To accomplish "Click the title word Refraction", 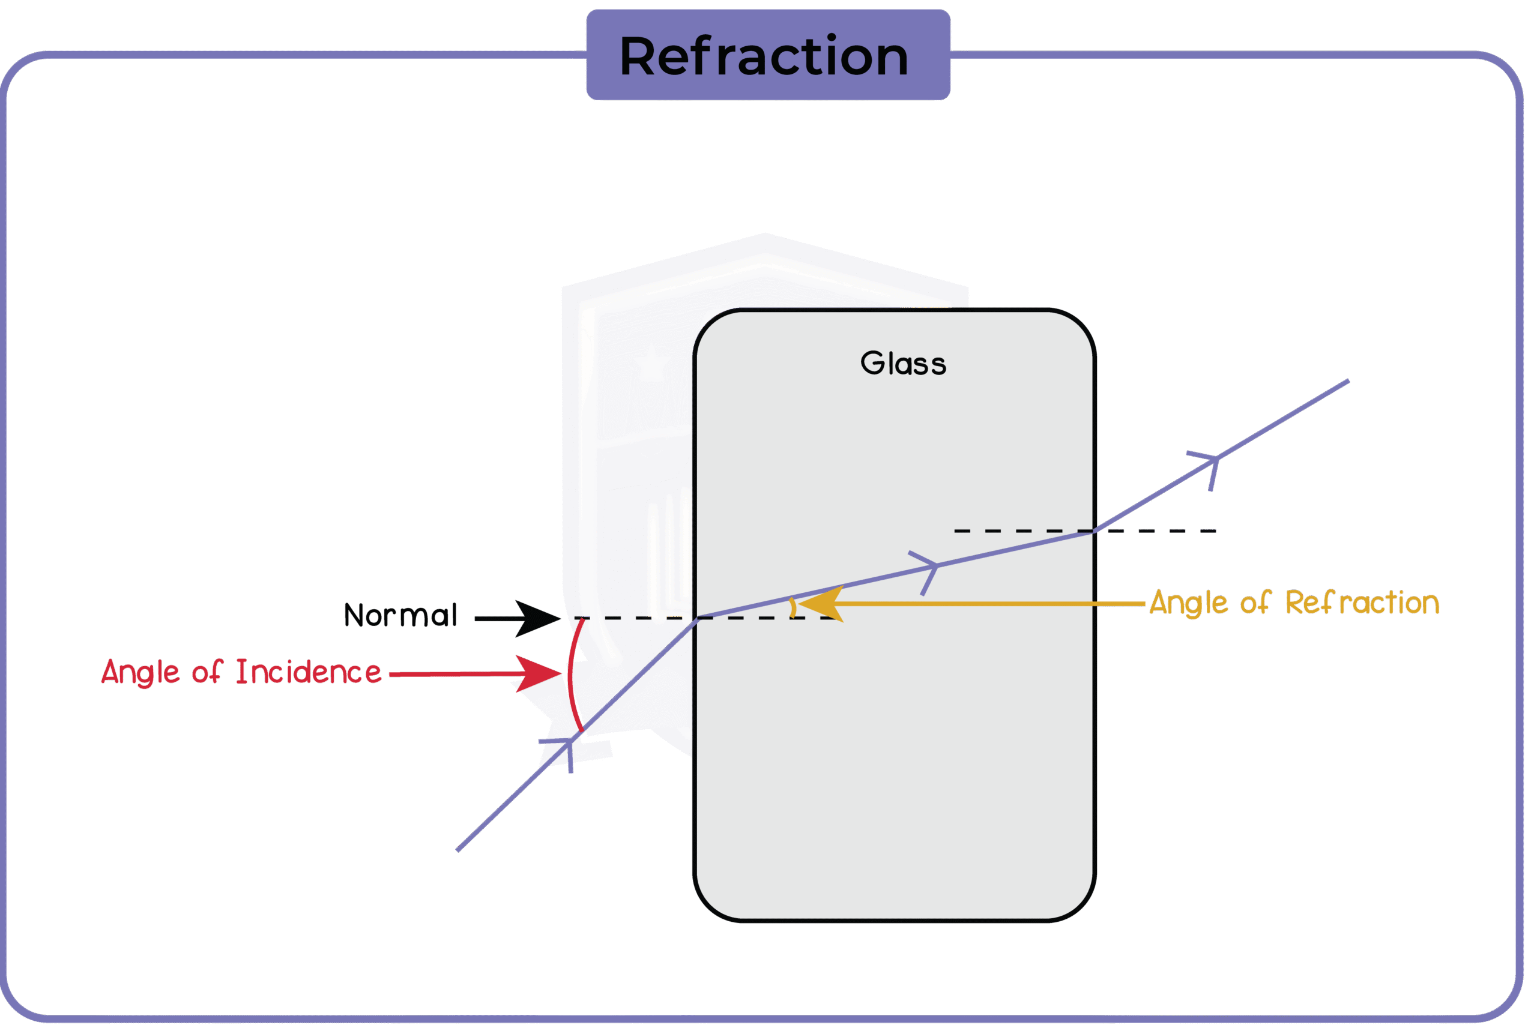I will (764, 56).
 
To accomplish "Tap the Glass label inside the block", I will (903, 364).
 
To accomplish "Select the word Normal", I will (400, 616).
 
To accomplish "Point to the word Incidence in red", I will (308, 672).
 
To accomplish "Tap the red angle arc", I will (571, 675).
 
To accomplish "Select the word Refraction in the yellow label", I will (1362, 603).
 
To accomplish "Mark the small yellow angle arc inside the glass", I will (794, 607).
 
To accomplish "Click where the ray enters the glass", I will (696, 618).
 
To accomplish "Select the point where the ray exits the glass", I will (1094, 531).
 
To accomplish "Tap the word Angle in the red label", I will (140, 673).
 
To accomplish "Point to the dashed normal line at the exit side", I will (1154, 531).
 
